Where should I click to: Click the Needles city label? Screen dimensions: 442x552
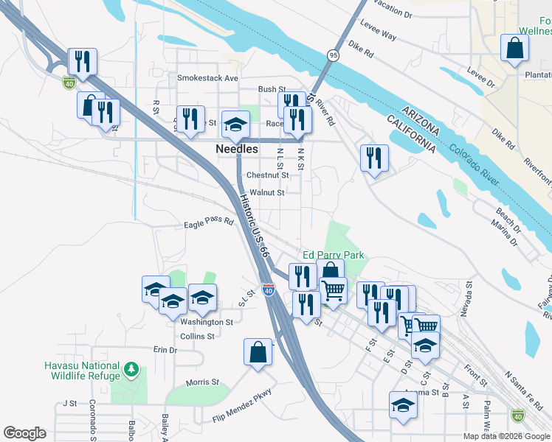(x=237, y=148)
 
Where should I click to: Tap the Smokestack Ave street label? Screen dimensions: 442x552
(x=207, y=77)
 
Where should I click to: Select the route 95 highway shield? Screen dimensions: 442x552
(x=334, y=55)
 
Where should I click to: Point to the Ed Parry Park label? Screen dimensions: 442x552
(x=334, y=255)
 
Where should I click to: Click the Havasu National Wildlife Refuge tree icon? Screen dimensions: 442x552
(x=131, y=368)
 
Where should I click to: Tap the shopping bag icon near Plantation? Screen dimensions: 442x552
(x=514, y=49)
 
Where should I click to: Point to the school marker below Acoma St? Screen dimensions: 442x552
(x=403, y=405)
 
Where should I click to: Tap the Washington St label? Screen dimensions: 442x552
(x=207, y=322)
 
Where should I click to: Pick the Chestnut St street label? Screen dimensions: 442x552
(x=267, y=175)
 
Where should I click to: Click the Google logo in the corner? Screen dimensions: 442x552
(x=24, y=433)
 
